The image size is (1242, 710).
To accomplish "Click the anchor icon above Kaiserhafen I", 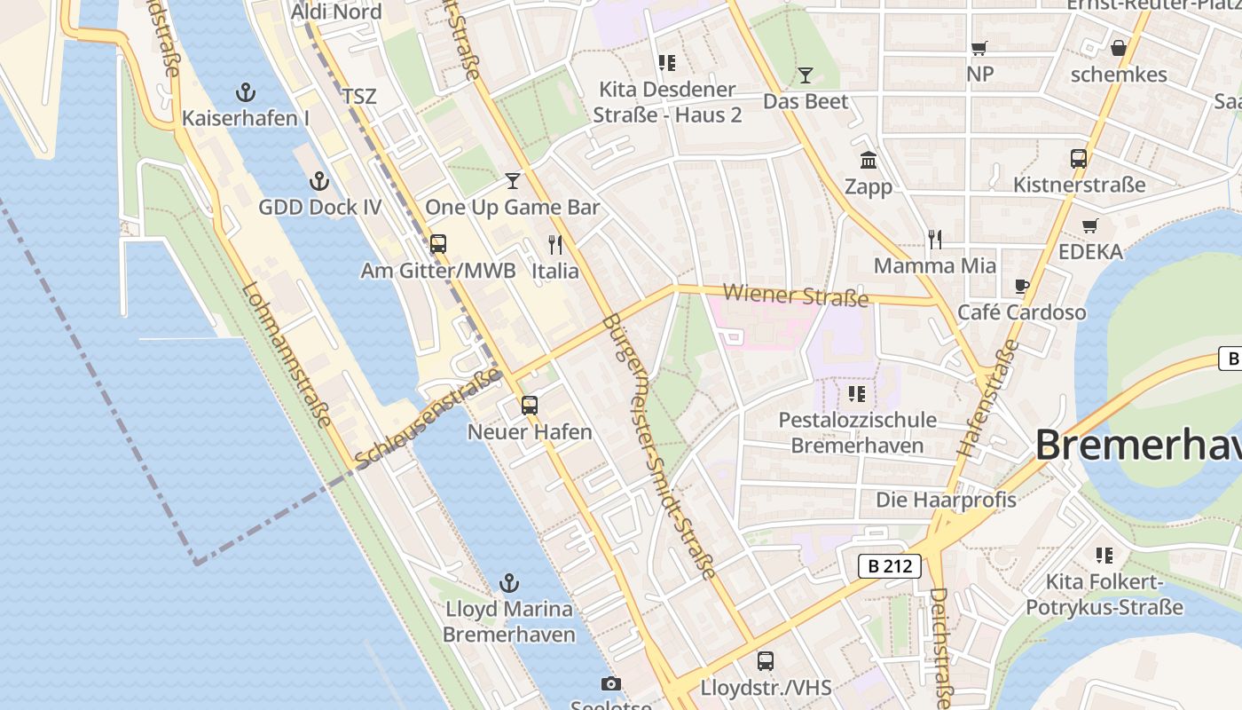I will pyautogui.click(x=245, y=92).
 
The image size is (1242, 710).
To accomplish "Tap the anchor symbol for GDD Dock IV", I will pyautogui.click(x=319, y=182).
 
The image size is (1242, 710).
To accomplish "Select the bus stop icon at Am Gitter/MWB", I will pyautogui.click(x=438, y=244).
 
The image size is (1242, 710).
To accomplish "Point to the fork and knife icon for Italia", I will pyautogui.click(x=555, y=244).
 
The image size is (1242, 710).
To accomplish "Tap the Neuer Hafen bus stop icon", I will pyautogui.click(x=530, y=406).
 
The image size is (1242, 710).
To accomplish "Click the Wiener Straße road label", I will pyautogui.click(x=795, y=296).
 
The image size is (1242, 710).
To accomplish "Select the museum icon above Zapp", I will pyautogui.click(x=869, y=161).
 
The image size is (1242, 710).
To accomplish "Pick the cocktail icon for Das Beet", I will pyautogui.click(x=806, y=75).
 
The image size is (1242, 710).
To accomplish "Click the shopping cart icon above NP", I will pyautogui.click(x=979, y=48).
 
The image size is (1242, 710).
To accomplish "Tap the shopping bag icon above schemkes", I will pyautogui.click(x=1119, y=48).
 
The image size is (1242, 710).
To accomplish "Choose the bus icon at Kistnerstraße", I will pyautogui.click(x=1079, y=159).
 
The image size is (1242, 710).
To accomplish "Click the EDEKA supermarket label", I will pyautogui.click(x=1090, y=251).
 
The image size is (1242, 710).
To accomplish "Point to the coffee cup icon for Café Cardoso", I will pyautogui.click(x=1022, y=286).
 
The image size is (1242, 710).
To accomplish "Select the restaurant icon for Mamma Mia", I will pyautogui.click(x=934, y=239).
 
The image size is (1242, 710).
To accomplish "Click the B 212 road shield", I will pyautogui.click(x=889, y=565).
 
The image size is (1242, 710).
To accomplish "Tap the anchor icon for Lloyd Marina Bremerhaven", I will pyautogui.click(x=508, y=583).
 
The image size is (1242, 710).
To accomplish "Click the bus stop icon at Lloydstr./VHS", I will pyautogui.click(x=766, y=661).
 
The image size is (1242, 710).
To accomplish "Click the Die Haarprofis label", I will pyautogui.click(x=946, y=500).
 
